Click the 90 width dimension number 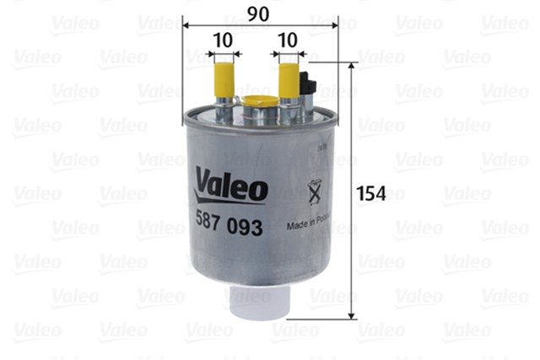pyautogui.click(x=259, y=13)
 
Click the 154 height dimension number pyautogui.click(x=370, y=193)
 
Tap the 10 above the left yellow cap pyautogui.click(x=223, y=40)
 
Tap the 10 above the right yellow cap pyautogui.click(x=287, y=40)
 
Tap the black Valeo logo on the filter pyautogui.click(x=231, y=184)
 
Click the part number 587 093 pyautogui.click(x=229, y=228)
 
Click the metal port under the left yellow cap pyautogui.click(x=224, y=109)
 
